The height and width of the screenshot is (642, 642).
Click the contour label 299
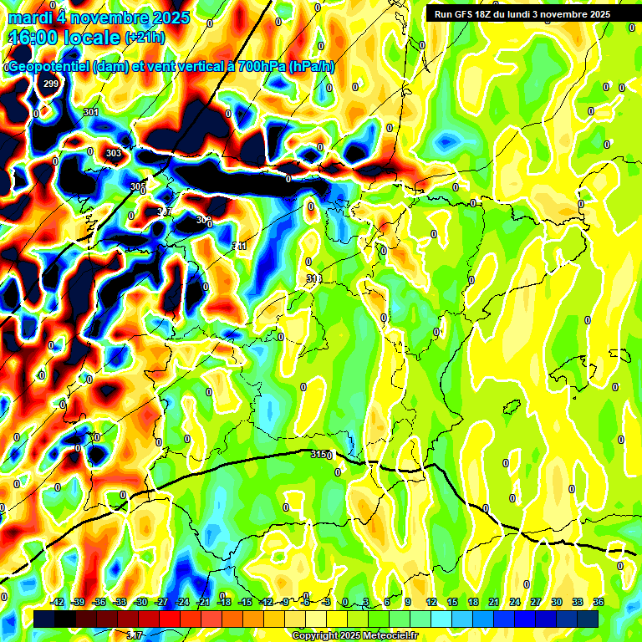pyautogui.click(x=51, y=84)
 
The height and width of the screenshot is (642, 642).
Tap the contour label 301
pyautogui.click(x=91, y=112)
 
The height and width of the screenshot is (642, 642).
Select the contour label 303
pyautogui.click(x=114, y=153)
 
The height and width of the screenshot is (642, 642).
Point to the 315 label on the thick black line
pyautogui.click(x=319, y=454)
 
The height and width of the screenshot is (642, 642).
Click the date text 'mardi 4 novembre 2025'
pyautogui.click(x=99, y=18)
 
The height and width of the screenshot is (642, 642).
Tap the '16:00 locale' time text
pyautogui.click(x=64, y=38)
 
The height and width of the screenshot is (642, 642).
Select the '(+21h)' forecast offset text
pyautogui.click(x=145, y=38)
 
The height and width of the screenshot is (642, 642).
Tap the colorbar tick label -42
pyautogui.click(x=58, y=602)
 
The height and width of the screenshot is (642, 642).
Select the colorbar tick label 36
pyautogui.click(x=598, y=602)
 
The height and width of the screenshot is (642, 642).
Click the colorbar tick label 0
pyautogui.click(x=345, y=602)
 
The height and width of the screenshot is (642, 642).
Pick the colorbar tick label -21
pyautogui.click(x=203, y=602)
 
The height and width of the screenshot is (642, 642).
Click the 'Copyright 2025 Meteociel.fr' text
pyautogui.click(x=354, y=635)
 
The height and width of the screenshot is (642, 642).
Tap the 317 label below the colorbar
pyautogui.click(x=134, y=636)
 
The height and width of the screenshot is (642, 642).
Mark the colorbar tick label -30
pyautogui.click(x=140, y=602)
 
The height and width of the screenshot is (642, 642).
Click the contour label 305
pyautogui.click(x=137, y=186)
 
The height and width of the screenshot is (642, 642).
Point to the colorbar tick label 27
pyautogui.click(x=535, y=602)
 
